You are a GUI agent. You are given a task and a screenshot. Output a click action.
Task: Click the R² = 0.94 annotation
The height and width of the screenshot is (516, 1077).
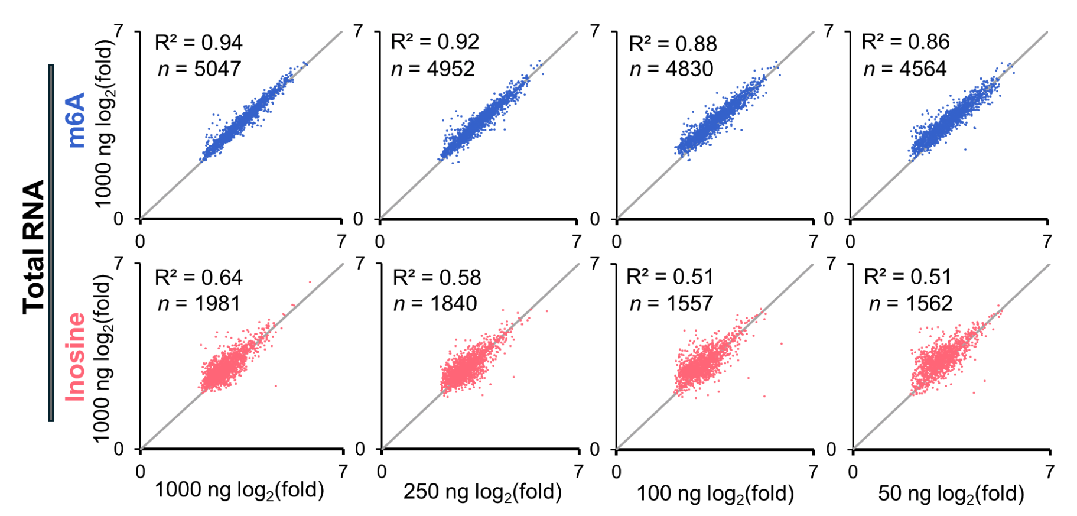tap(199, 43)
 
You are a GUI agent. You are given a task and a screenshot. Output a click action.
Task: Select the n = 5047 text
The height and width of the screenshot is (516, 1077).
tap(199, 69)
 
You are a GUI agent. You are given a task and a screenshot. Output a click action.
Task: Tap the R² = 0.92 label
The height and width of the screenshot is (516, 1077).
tap(435, 42)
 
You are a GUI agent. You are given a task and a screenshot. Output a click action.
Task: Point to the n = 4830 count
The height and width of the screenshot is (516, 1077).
tap(671, 69)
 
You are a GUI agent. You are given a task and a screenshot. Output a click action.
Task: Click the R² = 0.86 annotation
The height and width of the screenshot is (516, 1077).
tap(906, 42)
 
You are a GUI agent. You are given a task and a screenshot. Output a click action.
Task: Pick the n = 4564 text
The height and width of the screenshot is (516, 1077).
tap(905, 69)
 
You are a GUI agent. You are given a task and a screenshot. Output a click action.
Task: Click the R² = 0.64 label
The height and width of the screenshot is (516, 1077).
tap(199, 277)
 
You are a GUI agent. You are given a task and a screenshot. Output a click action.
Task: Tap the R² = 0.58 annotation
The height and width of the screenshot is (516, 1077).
tap(437, 277)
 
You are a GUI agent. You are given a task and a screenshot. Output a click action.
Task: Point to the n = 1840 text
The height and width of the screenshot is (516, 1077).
tap(435, 304)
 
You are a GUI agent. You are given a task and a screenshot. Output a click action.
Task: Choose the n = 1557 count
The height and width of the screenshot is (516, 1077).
tap(671, 304)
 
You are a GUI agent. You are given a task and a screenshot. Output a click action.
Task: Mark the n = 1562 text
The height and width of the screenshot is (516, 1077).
tap(910, 304)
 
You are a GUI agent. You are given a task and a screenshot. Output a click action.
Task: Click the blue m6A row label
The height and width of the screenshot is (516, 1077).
tap(76, 120)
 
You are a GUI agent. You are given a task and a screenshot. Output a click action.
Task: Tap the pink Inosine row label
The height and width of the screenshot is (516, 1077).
tap(76, 356)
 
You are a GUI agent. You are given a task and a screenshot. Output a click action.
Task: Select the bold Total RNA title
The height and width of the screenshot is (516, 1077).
tap(34, 247)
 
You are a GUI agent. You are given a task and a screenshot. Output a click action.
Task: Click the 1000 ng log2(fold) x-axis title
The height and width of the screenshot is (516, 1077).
tap(239, 491)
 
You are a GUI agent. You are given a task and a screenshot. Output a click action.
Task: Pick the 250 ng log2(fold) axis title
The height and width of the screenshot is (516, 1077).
tap(482, 492)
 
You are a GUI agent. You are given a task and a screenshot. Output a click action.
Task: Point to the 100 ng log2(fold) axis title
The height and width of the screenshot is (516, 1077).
tap(715, 494)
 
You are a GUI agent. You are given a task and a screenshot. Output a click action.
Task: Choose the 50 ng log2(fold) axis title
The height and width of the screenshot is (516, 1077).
tap(951, 494)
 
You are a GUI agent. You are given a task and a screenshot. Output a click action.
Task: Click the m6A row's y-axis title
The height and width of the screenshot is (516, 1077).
tap(104, 124)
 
